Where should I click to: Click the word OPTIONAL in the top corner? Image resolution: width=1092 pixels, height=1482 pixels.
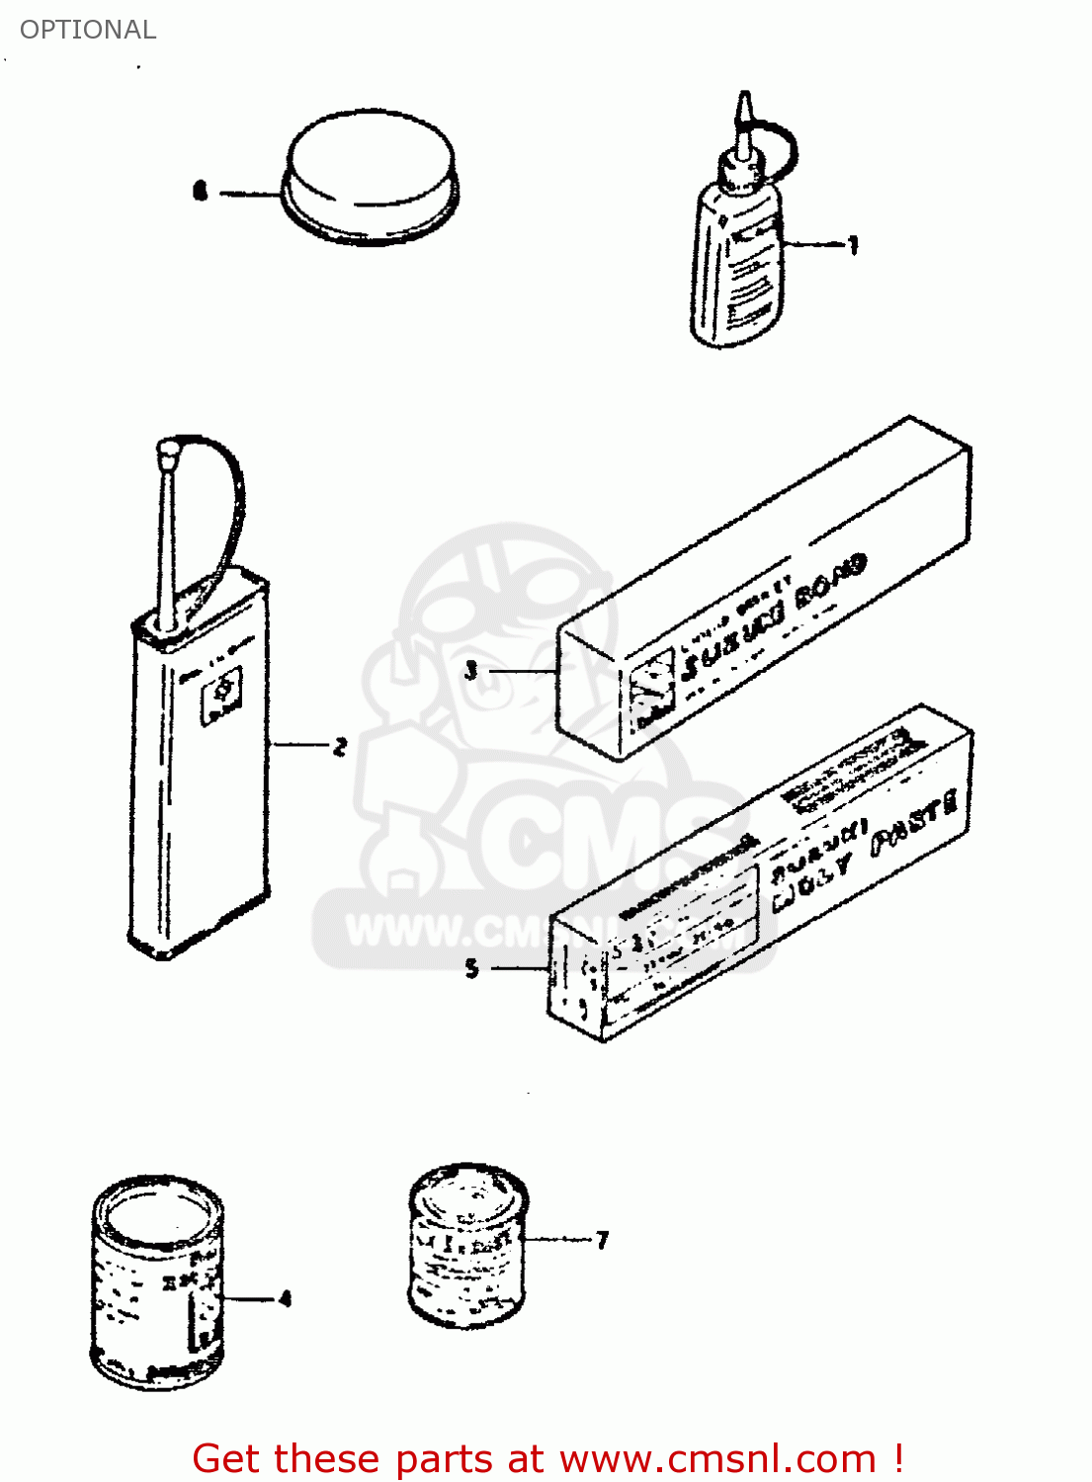[88, 30]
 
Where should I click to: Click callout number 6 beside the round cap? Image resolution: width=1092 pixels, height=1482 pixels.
[201, 190]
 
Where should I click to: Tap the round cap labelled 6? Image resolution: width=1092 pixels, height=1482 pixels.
[371, 173]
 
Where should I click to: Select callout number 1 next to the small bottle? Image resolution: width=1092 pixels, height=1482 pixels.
[853, 244]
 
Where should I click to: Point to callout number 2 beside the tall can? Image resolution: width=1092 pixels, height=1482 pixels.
[340, 746]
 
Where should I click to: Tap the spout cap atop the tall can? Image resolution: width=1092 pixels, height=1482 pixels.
[168, 453]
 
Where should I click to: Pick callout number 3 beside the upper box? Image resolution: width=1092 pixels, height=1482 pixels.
[471, 671]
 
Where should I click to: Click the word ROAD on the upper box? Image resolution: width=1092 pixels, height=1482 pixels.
[830, 580]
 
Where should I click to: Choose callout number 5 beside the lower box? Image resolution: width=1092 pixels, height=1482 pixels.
[471, 968]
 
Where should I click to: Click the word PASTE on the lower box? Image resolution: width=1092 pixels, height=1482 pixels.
[914, 820]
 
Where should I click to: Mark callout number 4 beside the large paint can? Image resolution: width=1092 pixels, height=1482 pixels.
[285, 1298]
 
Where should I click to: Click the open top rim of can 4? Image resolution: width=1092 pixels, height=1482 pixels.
[158, 1211]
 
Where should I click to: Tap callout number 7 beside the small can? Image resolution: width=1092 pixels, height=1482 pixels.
[602, 1239]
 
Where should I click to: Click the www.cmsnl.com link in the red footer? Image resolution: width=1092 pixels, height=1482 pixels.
[717, 1458]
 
